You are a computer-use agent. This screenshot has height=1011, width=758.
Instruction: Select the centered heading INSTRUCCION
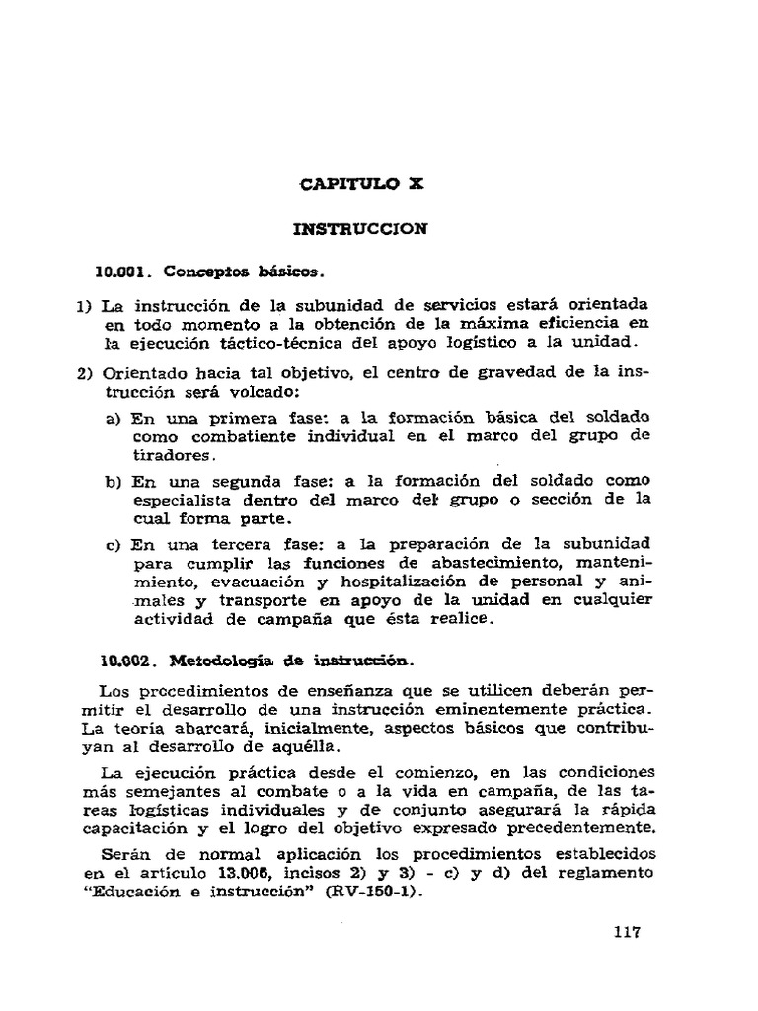(x=359, y=229)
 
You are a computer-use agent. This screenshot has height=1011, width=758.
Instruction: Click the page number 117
(x=626, y=932)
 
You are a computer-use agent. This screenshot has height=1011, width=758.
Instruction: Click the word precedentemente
(x=568, y=826)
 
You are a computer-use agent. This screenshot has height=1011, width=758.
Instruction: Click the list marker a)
(x=112, y=419)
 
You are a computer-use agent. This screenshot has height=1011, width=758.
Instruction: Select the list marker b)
(x=112, y=481)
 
